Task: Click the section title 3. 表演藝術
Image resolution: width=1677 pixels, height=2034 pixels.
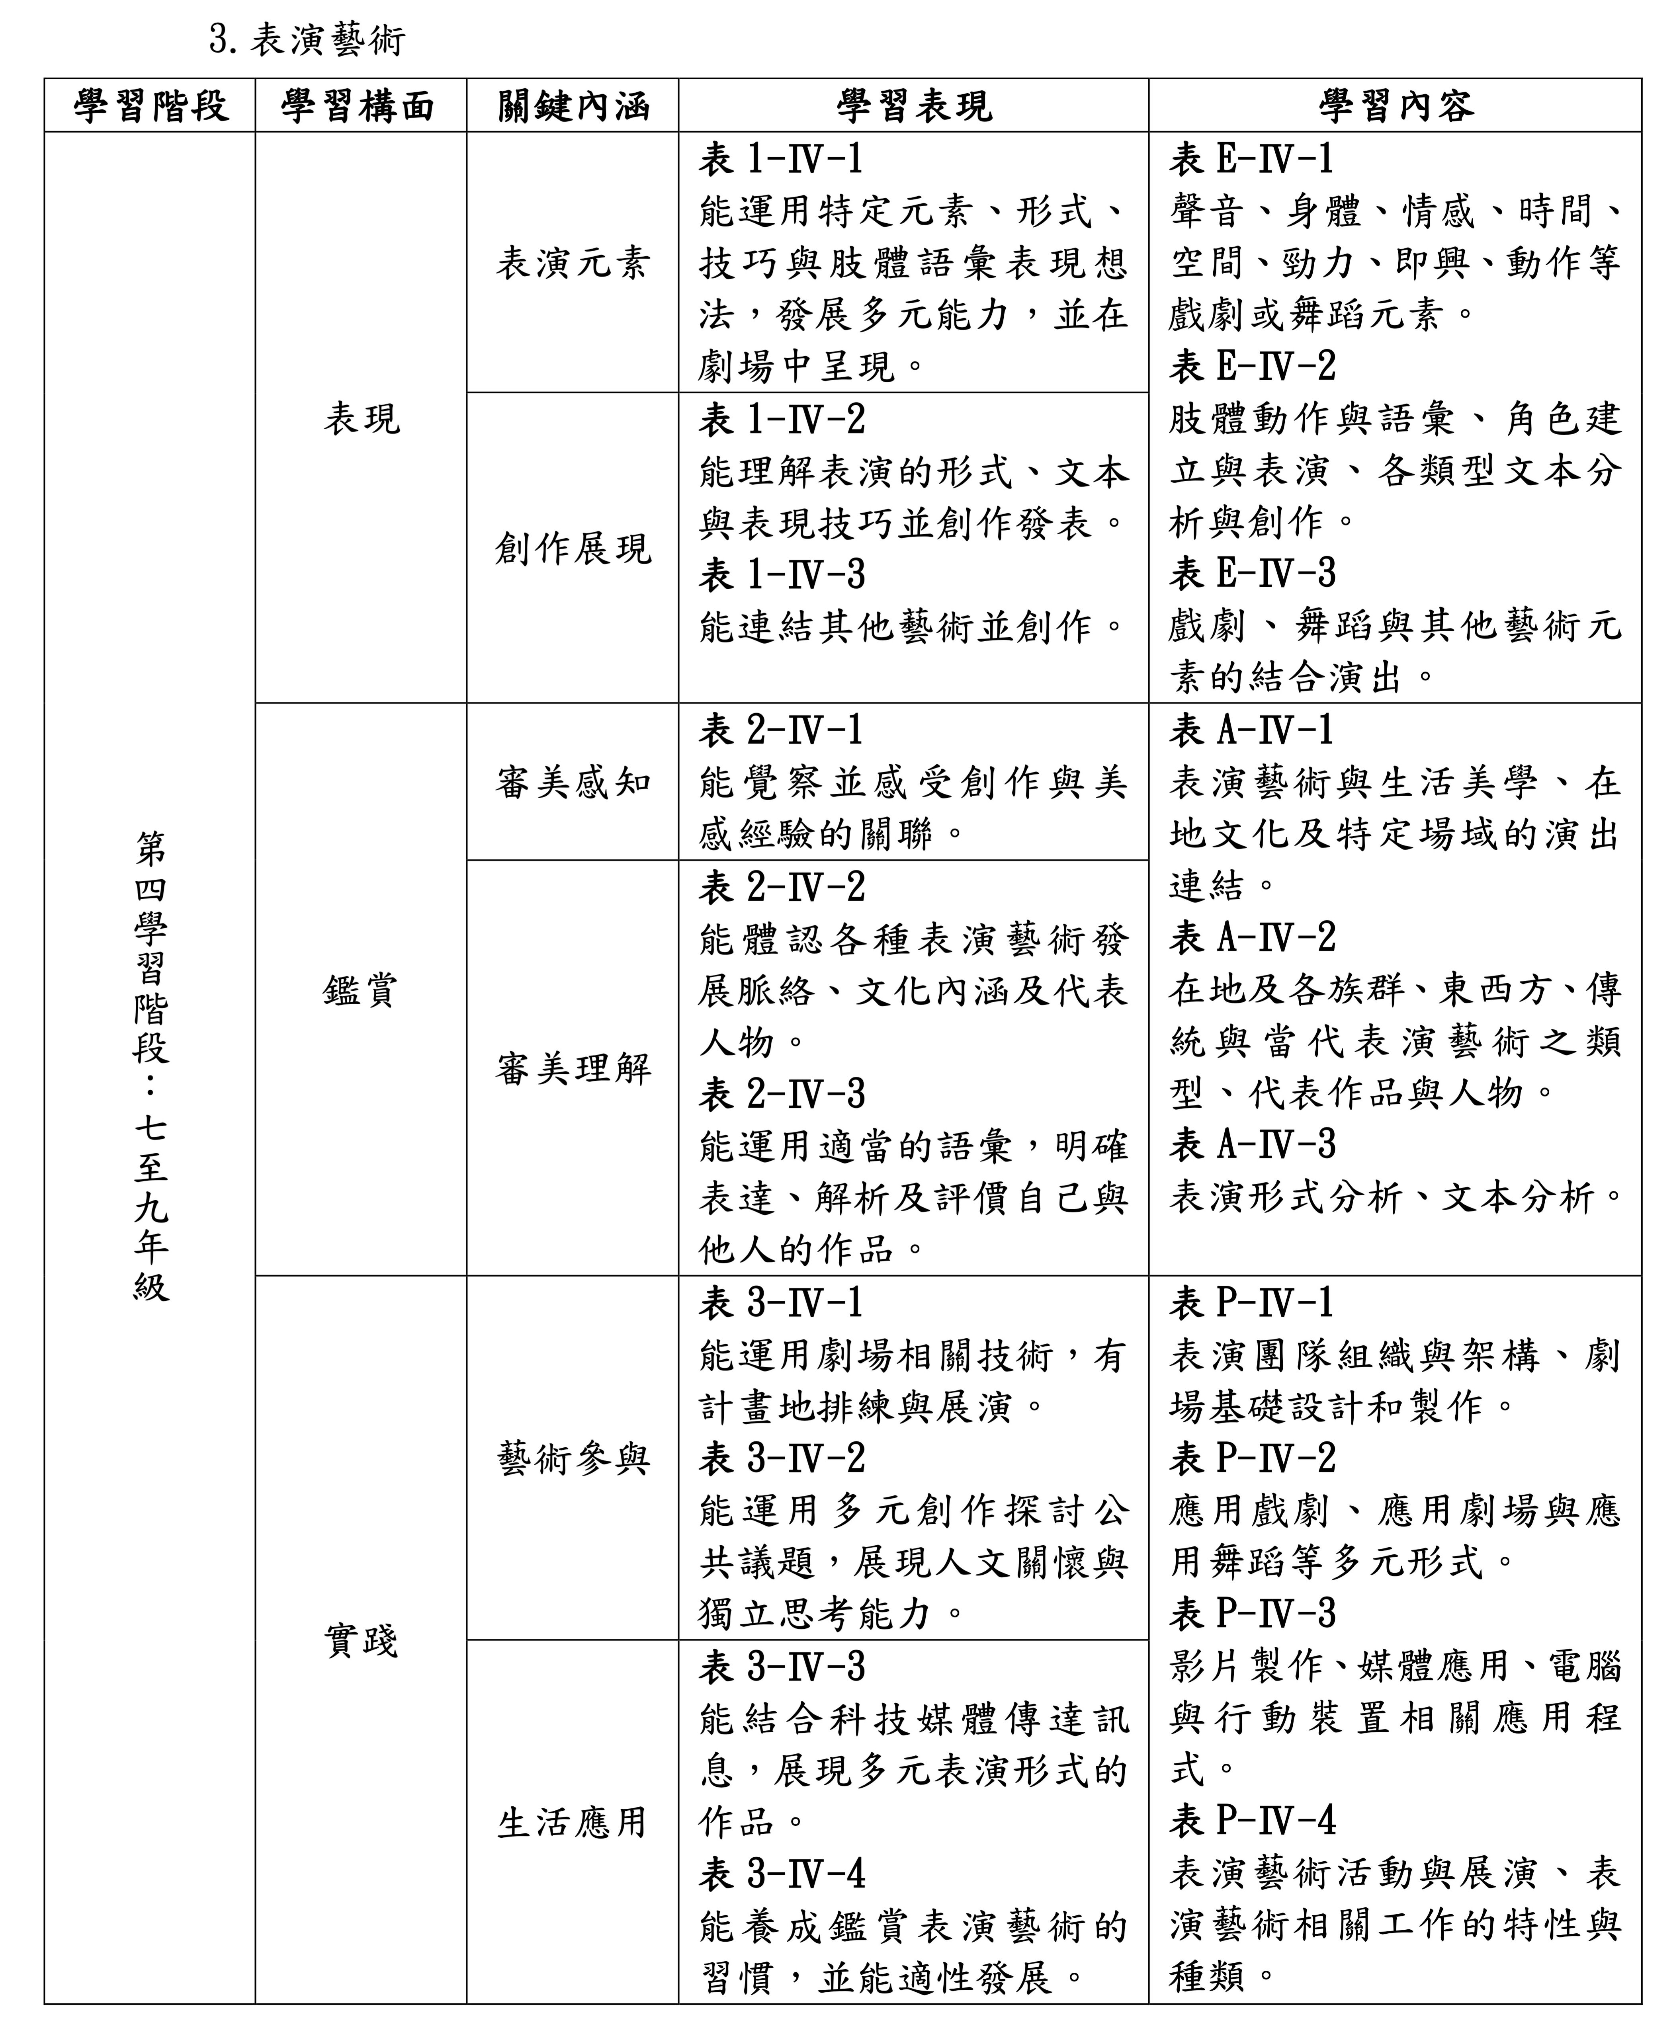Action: (307, 39)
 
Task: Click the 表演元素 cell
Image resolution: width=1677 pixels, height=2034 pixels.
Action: (573, 263)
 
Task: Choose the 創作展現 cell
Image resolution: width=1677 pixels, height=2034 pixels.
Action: (573, 549)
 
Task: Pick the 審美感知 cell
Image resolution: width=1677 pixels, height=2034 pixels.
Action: (573, 782)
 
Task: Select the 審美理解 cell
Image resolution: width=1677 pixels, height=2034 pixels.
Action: (573, 1068)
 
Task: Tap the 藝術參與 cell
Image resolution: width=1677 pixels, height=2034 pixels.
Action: (573, 1458)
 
